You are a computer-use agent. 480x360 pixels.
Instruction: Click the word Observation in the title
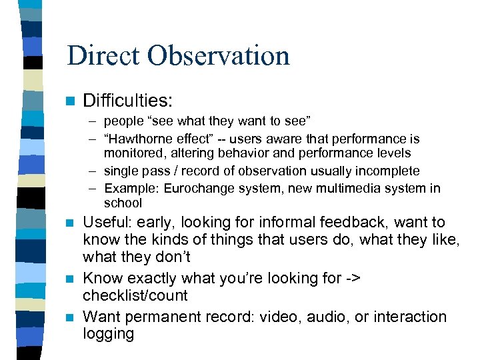click(221, 55)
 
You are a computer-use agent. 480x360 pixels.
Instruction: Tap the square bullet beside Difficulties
click(71, 101)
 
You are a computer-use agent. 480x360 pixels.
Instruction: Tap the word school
click(123, 203)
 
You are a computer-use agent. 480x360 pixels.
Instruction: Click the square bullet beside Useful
click(71, 223)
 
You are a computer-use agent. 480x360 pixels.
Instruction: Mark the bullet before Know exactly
click(71, 279)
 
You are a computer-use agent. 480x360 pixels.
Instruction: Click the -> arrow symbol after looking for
click(353, 278)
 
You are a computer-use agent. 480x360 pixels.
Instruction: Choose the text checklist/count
click(135, 295)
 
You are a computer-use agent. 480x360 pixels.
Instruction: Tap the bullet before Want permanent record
click(71, 317)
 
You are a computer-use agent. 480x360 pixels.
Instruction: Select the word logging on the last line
click(108, 333)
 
